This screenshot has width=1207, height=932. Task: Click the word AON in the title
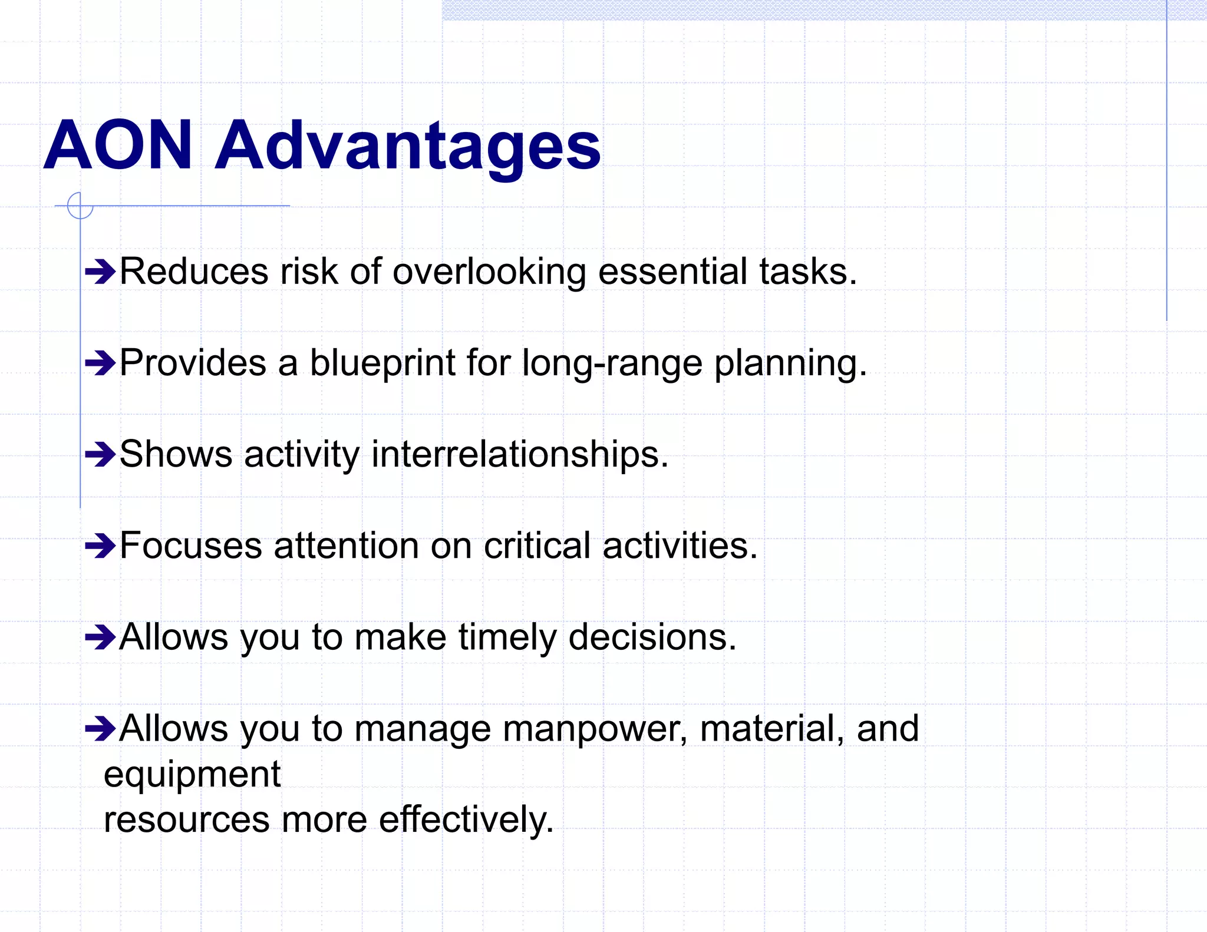[x=118, y=145]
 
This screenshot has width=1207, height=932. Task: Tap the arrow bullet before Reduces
[x=100, y=272]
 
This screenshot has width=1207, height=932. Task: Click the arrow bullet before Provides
[x=100, y=363]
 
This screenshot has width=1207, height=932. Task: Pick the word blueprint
[x=382, y=363]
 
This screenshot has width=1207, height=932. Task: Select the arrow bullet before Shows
[x=100, y=455]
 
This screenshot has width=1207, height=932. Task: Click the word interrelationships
[x=520, y=455]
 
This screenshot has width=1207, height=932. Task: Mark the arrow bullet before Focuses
[x=100, y=546]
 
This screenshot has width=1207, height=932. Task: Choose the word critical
[x=537, y=546]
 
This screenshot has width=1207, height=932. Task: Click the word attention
[x=346, y=546]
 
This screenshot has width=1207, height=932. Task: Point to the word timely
[x=507, y=637]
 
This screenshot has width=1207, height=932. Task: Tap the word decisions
[x=652, y=637]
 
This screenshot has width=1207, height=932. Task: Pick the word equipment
[x=192, y=774]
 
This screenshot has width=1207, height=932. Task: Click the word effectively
[x=466, y=820]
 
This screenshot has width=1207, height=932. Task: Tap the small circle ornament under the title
[x=80, y=206]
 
